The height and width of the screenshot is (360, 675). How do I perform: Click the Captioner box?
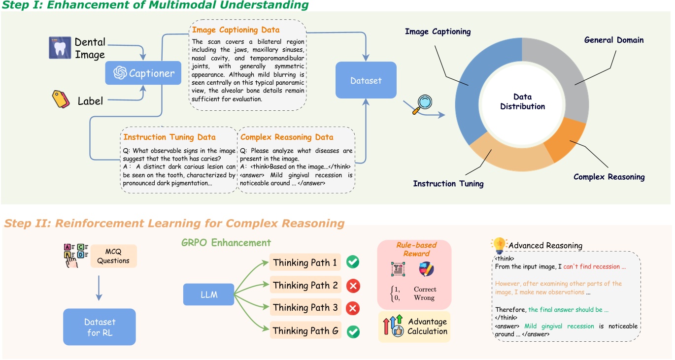click(143, 73)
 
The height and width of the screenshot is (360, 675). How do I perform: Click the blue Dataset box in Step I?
click(366, 80)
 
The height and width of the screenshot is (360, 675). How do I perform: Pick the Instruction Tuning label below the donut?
click(448, 184)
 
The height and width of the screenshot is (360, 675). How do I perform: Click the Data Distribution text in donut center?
click(522, 101)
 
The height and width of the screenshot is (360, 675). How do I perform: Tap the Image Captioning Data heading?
click(236, 30)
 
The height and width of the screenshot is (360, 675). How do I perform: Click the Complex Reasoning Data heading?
click(287, 137)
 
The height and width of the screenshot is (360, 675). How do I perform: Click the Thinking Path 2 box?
click(305, 285)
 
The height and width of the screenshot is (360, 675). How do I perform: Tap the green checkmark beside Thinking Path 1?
click(353, 262)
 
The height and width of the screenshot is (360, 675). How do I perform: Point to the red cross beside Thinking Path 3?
click(353, 308)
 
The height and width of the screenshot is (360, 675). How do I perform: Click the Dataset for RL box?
click(100, 327)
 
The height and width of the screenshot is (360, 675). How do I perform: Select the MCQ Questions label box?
click(113, 256)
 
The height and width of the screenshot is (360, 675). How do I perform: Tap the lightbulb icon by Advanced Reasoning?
click(499, 245)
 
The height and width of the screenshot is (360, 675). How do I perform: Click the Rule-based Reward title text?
click(413, 249)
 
